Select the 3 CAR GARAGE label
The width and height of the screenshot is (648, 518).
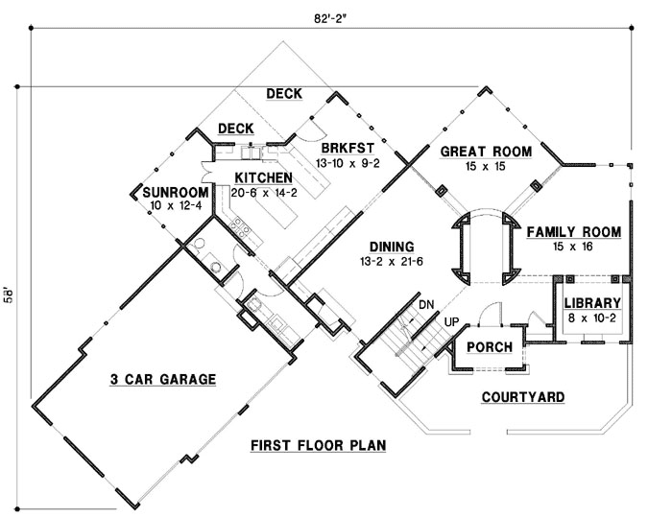[162, 380]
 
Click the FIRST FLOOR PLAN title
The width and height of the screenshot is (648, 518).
[318, 446]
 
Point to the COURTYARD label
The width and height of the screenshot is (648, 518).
[522, 397]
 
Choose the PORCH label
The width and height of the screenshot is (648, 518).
[489, 347]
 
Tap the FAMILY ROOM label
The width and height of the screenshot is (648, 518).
[573, 232]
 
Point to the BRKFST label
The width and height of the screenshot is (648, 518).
[348, 150]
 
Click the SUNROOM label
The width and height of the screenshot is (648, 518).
[169, 193]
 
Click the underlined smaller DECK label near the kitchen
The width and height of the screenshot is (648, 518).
[235, 128]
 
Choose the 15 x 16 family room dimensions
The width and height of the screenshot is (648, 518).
[573, 247]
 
